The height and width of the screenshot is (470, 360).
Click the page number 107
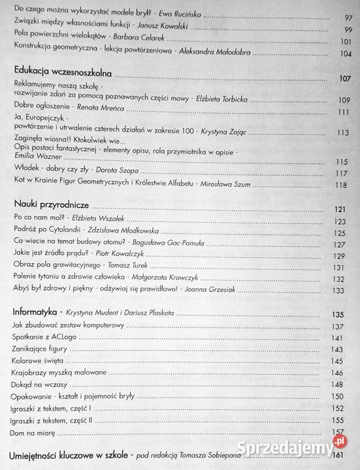[344, 79]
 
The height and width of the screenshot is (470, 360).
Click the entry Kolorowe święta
[37, 361]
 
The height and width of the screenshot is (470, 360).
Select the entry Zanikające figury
[39, 349]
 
